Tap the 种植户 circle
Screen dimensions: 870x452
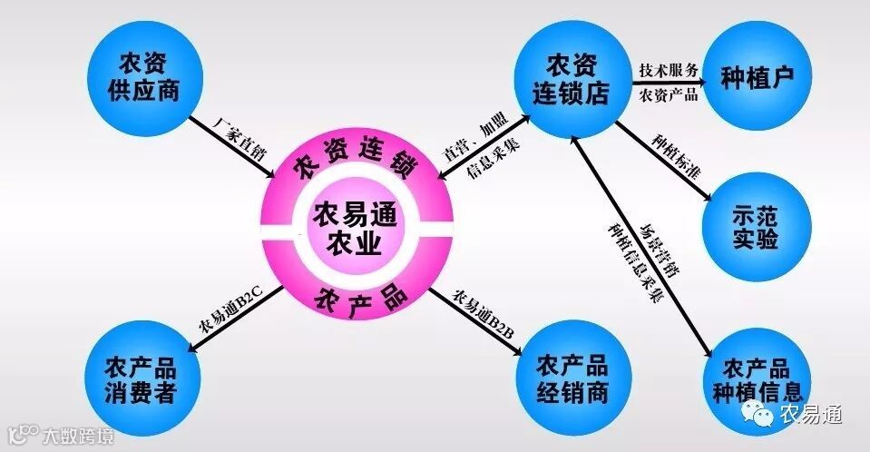[758, 76]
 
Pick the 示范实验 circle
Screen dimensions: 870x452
[756, 227]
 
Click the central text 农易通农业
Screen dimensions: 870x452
[349, 228]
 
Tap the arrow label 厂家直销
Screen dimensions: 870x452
[239, 136]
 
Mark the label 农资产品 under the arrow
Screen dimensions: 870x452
[669, 94]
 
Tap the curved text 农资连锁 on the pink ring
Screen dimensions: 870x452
[355, 163]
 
